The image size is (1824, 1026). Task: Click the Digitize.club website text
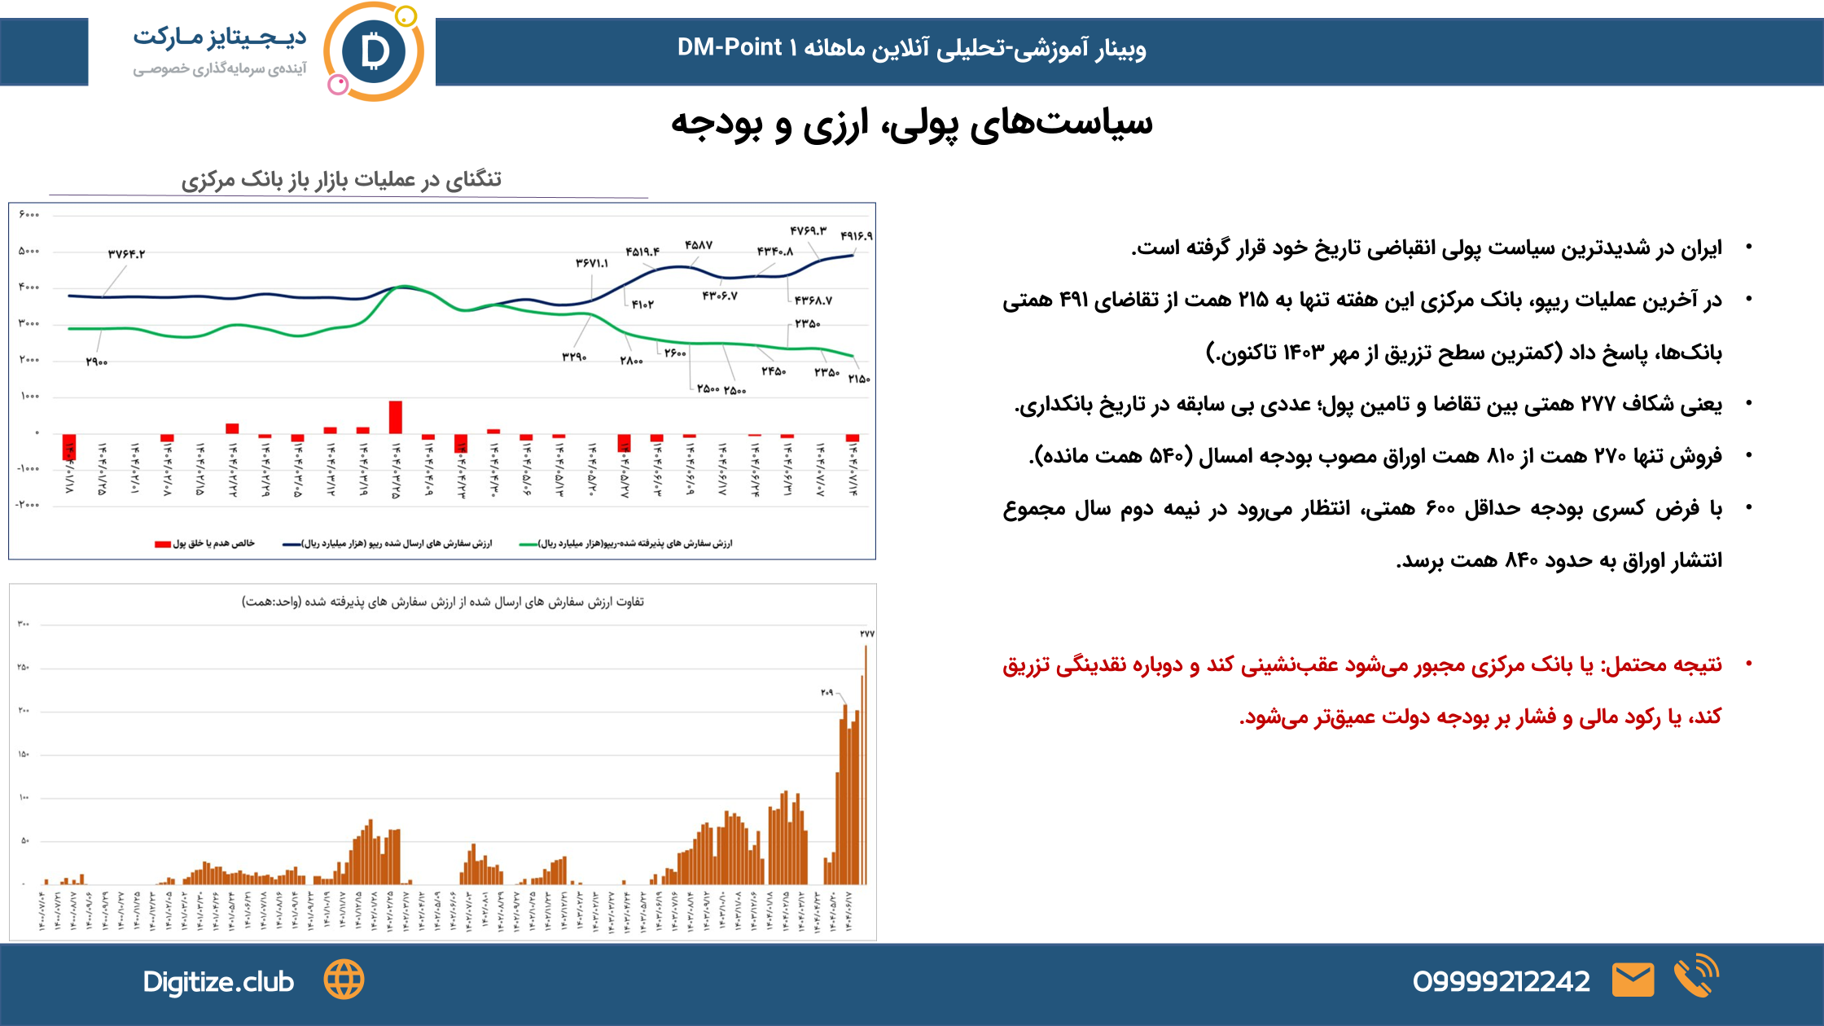[x=218, y=982]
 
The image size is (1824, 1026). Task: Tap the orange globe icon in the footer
[x=344, y=980]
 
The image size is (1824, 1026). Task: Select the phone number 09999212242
[x=1501, y=982]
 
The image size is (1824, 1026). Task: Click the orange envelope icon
[x=1633, y=980]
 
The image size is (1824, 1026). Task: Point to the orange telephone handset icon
[x=1695, y=977]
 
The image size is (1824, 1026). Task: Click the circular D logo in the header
[x=374, y=52]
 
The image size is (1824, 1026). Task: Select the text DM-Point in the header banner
[x=729, y=48]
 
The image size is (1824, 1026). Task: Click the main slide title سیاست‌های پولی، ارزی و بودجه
[x=911, y=124]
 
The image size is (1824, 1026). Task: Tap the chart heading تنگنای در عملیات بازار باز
[x=341, y=180]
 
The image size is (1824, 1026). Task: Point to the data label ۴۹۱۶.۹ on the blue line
[x=856, y=236]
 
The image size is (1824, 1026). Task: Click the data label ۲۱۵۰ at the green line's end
[x=859, y=379]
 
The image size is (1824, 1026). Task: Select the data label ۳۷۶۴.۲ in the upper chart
[x=126, y=254]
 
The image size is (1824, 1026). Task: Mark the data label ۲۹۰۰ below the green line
[x=97, y=362]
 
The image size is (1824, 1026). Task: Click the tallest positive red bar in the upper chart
[x=396, y=417]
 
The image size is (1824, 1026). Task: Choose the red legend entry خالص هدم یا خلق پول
[x=205, y=543]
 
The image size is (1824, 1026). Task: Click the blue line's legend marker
[x=292, y=544]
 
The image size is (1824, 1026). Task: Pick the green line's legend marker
[x=528, y=544]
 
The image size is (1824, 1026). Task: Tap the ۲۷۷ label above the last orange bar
[x=866, y=634]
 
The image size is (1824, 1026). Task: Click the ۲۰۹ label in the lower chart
[x=826, y=693]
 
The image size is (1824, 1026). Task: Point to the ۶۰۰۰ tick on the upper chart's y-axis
[x=28, y=215]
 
